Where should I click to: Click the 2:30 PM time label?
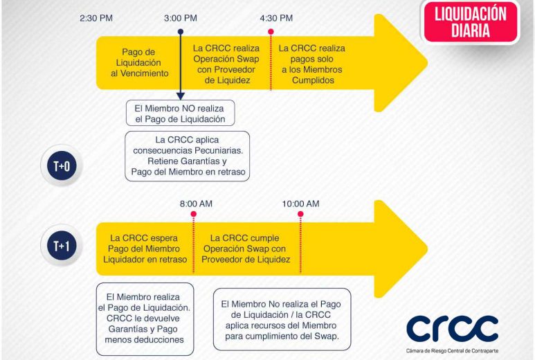tap(96, 18)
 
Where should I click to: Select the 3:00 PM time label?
tap(181, 18)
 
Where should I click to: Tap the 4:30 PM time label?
tap(276, 18)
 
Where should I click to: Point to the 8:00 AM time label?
tap(196, 204)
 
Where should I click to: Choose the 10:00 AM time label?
tap(300, 204)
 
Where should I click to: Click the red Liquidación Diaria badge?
tap(471, 22)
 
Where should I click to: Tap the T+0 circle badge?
tap(62, 166)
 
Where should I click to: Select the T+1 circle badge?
tap(62, 245)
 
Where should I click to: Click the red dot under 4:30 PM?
tap(271, 32)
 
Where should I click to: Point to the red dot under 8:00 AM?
tap(194, 214)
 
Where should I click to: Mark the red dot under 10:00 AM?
tap(300, 214)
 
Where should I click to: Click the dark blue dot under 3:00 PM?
tap(181, 32)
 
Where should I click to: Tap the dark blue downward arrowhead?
tap(181, 96)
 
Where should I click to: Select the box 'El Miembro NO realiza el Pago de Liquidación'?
tap(180, 113)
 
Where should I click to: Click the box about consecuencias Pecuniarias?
tap(188, 156)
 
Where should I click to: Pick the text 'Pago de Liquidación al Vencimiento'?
tap(140, 62)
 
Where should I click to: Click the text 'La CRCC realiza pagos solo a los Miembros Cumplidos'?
tap(312, 64)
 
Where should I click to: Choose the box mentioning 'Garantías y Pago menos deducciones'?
tap(145, 319)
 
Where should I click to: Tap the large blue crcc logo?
tap(452, 328)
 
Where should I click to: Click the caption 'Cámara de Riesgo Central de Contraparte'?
tap(452, 351)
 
